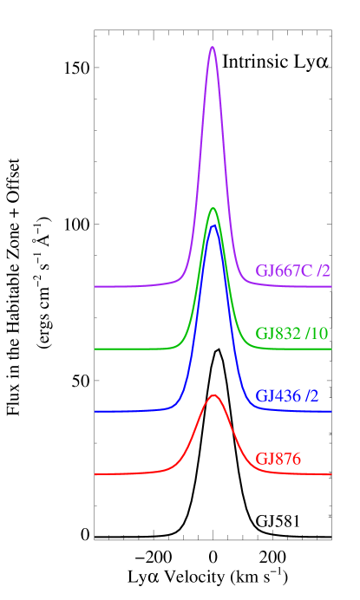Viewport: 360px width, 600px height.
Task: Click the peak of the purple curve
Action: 212,47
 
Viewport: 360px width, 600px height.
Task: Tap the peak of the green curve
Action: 213,208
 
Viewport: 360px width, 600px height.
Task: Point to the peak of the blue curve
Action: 213,225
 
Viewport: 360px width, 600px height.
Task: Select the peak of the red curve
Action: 213,395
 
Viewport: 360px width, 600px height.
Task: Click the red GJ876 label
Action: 278,459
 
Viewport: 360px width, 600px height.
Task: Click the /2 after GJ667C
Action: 324,271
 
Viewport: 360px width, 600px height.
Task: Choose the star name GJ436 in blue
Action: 278,396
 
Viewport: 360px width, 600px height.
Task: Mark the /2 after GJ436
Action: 311,396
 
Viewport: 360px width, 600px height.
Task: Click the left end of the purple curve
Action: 95,286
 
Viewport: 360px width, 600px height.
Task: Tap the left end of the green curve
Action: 95,349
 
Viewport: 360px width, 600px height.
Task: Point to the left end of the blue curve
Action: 95,411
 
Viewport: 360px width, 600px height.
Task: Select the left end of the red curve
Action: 95,474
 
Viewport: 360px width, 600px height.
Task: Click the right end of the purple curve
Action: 331,286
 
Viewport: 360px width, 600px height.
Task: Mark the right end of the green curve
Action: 331,349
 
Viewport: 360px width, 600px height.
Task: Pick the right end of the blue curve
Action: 331,411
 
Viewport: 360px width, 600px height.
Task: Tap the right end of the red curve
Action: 331,474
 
